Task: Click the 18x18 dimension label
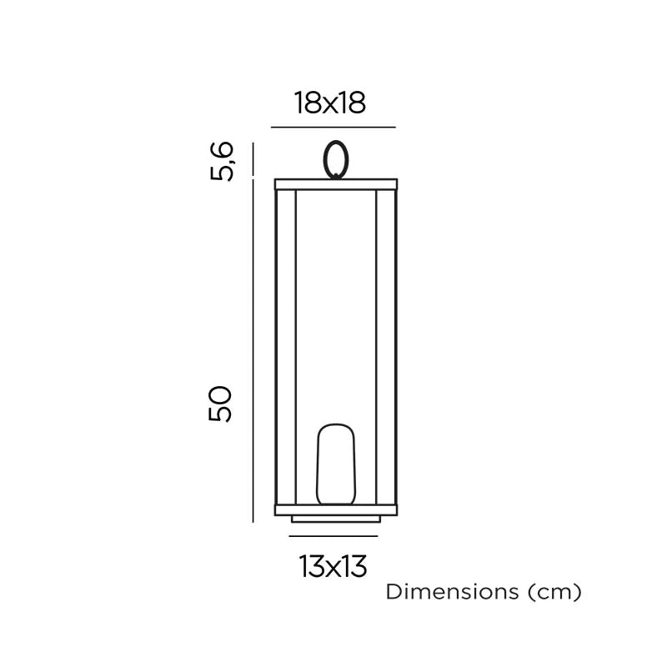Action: coord(330,103)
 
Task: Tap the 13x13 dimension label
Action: coord(333,567)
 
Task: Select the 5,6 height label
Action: coord(221,161)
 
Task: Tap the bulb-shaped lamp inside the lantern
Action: coord(335,464)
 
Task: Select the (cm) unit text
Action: coord(554,593)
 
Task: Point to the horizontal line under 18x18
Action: coord(333,128)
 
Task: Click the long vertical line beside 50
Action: coord(253,350)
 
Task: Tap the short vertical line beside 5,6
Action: coord(253,160)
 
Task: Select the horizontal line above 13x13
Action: coord(333,537)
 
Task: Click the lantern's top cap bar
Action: coord(336,183)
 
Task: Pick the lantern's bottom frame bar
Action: coord(336,509)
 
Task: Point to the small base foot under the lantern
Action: coord(335,519)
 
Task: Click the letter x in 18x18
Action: coord(330,104)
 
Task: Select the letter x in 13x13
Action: coord(333,569)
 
